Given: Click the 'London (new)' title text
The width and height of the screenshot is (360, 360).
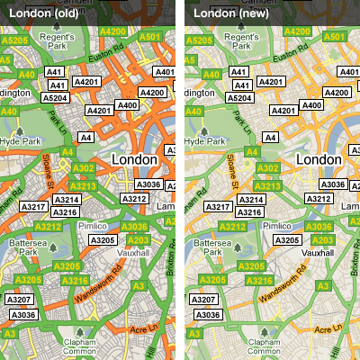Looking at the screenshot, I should tap(226, 13).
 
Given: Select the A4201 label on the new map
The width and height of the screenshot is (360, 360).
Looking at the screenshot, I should tap(283, 110).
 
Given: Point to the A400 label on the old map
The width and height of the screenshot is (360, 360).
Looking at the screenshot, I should tap(127, 105).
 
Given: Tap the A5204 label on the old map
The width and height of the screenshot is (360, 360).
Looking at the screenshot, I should tap(56, 97).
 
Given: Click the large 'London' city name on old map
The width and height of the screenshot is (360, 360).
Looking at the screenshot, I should tap(136, 159).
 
